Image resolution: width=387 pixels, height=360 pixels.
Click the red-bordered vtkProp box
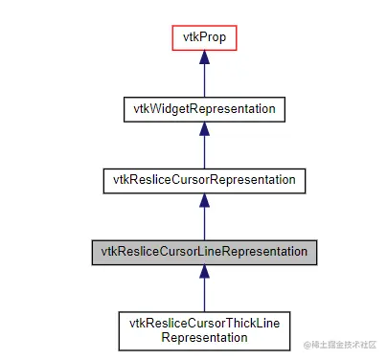coord(203,37)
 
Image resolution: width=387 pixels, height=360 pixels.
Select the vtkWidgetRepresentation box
coord(203,108)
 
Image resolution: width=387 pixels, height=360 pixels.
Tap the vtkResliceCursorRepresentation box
coord(203,179)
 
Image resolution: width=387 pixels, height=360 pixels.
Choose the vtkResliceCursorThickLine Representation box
coord(203,328)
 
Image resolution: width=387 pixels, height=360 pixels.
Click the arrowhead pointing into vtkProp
coord(203,57)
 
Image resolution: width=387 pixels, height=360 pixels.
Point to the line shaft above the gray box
coord(203,224)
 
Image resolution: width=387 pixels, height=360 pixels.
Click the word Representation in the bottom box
coord(203,336)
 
